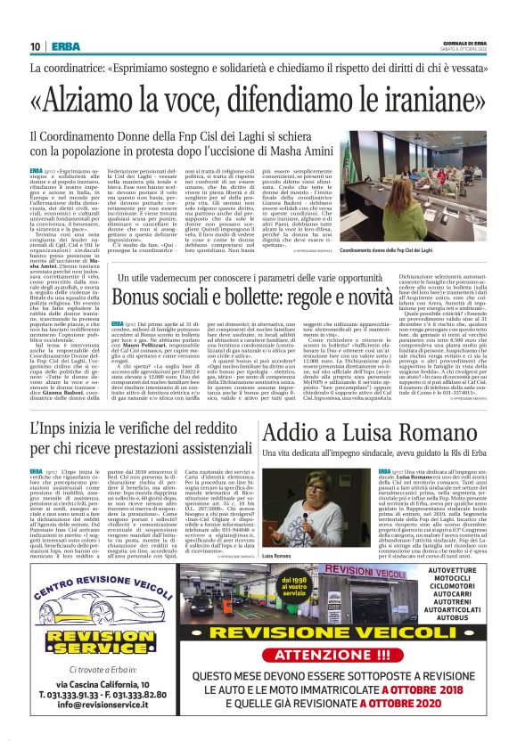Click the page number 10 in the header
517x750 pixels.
click(35, 46)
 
